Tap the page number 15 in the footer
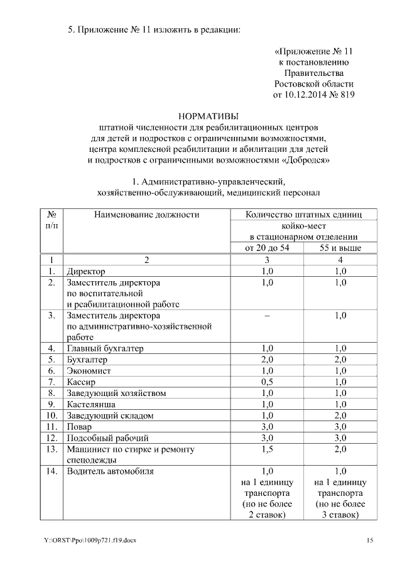coord(370,541)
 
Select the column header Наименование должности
coord(146,215)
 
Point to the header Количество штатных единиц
coord(303,215)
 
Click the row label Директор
coord(86,271)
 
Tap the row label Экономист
coord(89,371)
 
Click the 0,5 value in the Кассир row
coord(266,382)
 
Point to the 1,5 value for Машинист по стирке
coord(266,449)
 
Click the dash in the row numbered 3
coord(266,316)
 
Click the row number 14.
coord(52,471)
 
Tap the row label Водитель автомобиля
coord(110,471)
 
